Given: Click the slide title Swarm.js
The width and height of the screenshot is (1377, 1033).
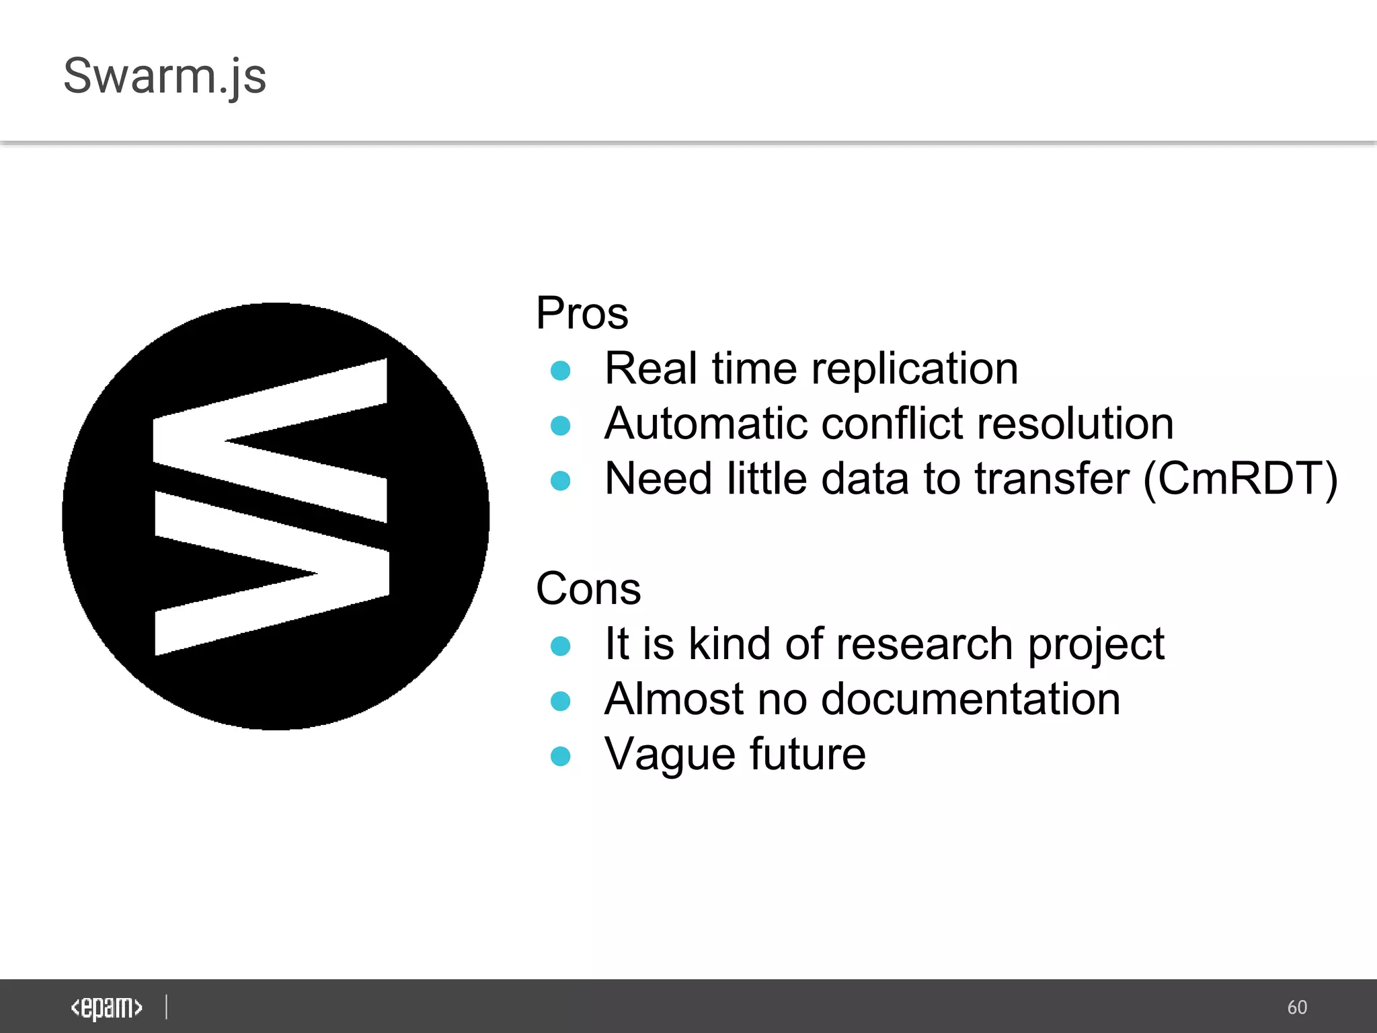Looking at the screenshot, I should pyautogui.click(x=165, y=76).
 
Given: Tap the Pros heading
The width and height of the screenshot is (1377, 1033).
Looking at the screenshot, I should pyautogui.click(x=582, y=313).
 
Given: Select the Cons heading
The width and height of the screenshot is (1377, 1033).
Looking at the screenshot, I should pyautogui.click(x=588, y=589).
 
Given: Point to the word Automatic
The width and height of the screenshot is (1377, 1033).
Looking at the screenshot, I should pyautogui.click(x=705, y=424).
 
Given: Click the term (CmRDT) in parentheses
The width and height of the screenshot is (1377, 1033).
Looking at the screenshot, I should pyautogui.click(x=1241, y=480).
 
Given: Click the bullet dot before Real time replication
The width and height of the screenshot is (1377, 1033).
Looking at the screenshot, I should pyautogui.click(x=560, y=371).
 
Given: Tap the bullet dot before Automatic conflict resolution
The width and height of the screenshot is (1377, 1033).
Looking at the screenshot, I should pyautogui.click(x=560, y=426).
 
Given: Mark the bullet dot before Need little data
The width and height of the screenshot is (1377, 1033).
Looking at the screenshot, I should pyautogui.click(x=560, y=481).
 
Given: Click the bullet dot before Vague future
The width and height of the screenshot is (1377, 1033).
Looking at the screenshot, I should pyautogui.click(x=560, y=757).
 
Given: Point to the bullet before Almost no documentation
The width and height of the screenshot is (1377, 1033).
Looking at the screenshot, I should pyautogui.click(x=560, y=701).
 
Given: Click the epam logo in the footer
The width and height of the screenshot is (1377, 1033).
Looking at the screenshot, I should pyautogui.click(x=106, y=1007).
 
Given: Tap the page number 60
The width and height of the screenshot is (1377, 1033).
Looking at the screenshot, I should pyautogui.click(x=1297, y=1007).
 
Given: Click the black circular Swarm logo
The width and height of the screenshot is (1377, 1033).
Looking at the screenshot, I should pyautogui.click(x=276, y=516).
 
